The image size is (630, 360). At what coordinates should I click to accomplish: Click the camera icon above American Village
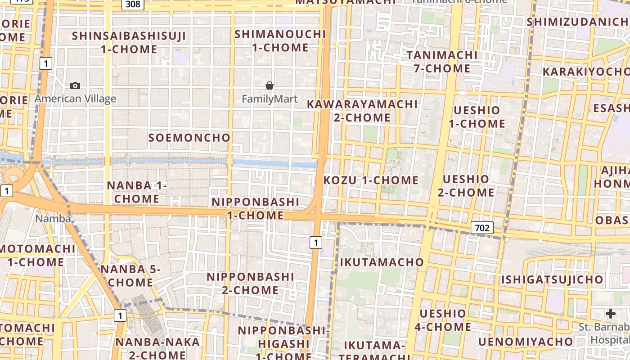coord(75,85)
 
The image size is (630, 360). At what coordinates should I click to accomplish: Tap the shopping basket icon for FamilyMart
coord(270,85)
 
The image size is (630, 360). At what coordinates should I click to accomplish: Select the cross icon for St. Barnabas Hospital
coord(611,313)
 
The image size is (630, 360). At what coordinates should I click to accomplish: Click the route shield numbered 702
coord(482,228)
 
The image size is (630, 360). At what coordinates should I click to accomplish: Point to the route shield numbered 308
coord(133,4)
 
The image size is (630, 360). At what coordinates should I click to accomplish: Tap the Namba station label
coord(53,219)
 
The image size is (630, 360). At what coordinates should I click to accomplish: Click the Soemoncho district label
coord(189,138)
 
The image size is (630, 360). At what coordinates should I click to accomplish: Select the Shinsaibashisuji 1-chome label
coord(129,42)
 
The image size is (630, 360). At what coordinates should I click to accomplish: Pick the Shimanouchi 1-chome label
coord(280,40)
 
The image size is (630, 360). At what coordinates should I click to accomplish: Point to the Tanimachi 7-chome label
coord(442,62)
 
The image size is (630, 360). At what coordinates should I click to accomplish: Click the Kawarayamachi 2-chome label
coord(362,111)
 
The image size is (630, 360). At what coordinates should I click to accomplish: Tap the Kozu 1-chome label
coord(371,180)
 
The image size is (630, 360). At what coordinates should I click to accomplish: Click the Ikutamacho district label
coord(382,262)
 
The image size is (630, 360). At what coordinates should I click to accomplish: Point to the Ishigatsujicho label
coord(552,279)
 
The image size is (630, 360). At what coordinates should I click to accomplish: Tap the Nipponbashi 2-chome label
coord(250,283)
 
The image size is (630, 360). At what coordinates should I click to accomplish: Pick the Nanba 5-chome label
coord(130,276)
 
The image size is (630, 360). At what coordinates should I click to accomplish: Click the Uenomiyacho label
coord(526,342)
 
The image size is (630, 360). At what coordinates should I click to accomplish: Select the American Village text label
coord(75,99)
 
